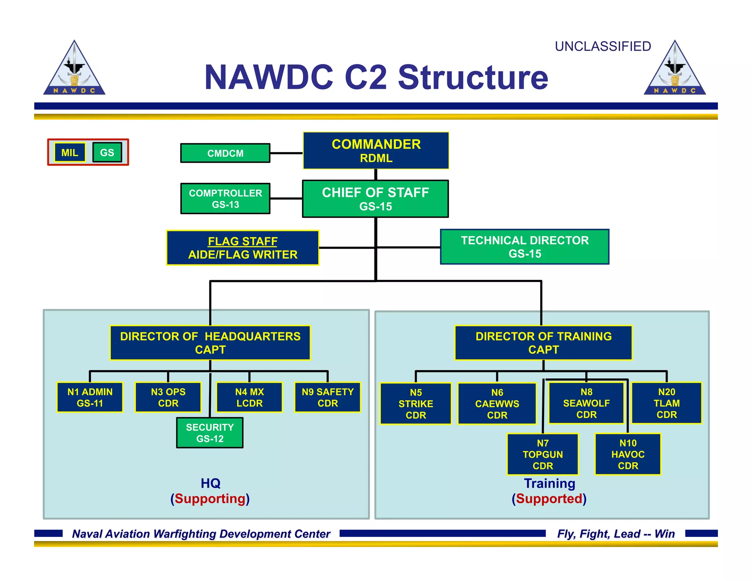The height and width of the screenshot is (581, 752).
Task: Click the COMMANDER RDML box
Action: click(x=376, y=151)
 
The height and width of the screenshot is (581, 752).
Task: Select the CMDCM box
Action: click(x=225, y=153)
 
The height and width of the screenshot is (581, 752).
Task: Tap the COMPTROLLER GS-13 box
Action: click(x=225, y=199)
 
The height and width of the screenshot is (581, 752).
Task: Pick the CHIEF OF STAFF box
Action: click(x=375, y=199)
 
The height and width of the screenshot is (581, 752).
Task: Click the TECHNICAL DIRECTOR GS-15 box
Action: click(x=524, y=247)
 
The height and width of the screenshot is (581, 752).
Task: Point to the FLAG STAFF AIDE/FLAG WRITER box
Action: click(x=242, y=248)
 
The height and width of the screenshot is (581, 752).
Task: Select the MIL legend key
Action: click(x=70, y=152)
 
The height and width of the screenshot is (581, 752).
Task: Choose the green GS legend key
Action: click(x=107, y=152)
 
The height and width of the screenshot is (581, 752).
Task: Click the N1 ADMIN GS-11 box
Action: click(x=90, y=397)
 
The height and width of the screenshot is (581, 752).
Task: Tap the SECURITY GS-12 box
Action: click(x=210, y=433)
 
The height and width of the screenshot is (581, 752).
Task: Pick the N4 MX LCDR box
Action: click(x=249, y=397)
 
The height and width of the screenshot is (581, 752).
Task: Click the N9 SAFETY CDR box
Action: click(x=328, y=397)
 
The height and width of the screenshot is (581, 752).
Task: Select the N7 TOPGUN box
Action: click(x=543, y=454)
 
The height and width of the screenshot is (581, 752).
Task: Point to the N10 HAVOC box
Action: click(x=628, y=454)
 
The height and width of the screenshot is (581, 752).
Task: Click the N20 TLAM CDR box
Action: click(x=666, y=403)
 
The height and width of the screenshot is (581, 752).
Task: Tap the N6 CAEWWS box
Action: click(x=497, y=404)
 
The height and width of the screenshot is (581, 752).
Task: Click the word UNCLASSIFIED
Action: click(x=603, y=47)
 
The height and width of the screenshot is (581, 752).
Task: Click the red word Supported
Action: click(x=549, y=499)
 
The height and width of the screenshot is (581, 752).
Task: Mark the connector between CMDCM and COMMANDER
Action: click(x=286, y=153)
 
